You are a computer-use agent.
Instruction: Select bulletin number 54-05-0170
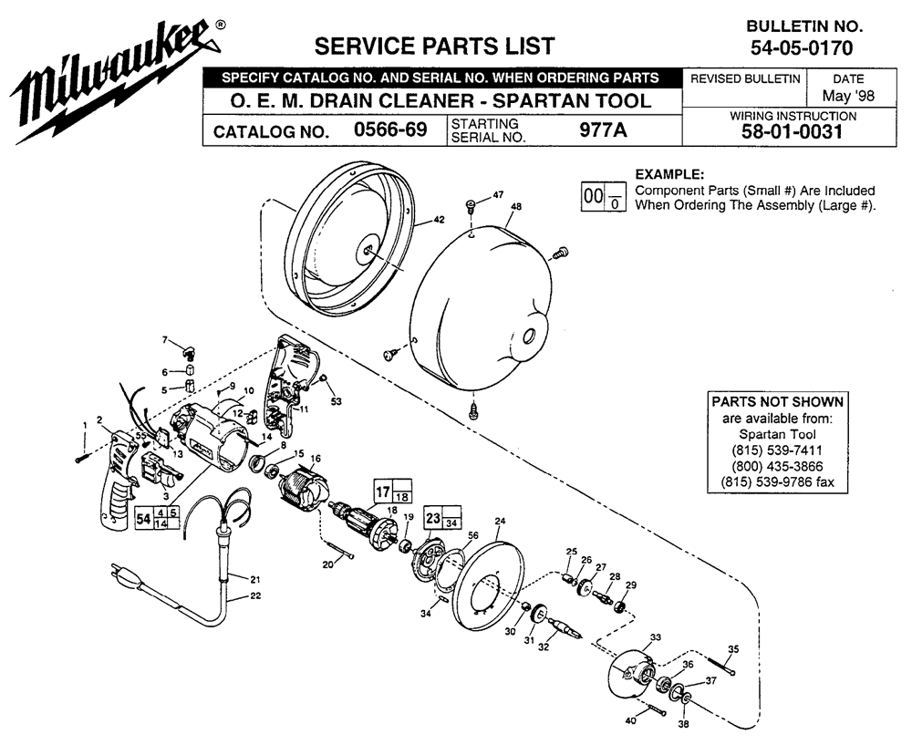pyautogui.click(x=802, y=47)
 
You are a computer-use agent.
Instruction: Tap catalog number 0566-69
pyautogui.click(x=390, y=129)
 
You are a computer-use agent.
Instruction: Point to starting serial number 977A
pyautogui.click(x=603, y=130)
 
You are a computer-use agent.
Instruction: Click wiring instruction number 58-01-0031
pyautogui.click(x=793, y=131)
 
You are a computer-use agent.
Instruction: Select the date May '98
pyautogui.click(x=848, y=96)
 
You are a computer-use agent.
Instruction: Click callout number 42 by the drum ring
pyautogui.click(x=440, y=220)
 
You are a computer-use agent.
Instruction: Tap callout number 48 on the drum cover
pyautogui.click(x=515, y=206)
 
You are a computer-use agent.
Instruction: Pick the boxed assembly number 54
pyautogui.click(x=144, y=518)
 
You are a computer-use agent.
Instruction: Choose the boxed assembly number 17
pyautogui.click(x=383, y=492)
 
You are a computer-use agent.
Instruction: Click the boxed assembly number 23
pyautogui.click(x=432, y=517)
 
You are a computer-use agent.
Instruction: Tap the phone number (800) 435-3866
pyautogui.click(x=778, y=466)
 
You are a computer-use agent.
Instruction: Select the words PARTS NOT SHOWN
pyautogui.click(x=778, y=402)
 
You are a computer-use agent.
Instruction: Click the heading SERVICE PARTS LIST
pyautogui.click(x=434, y=46)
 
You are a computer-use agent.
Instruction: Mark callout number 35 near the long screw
pyautogui.click(x=733, y=649)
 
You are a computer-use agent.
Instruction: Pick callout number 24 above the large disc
pyautogui.click(x=500, y=521)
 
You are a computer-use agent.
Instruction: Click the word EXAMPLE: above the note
pyautogui.click(x=669, y=174)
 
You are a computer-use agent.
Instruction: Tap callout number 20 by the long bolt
pyautogui.click(x=328, y=564)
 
